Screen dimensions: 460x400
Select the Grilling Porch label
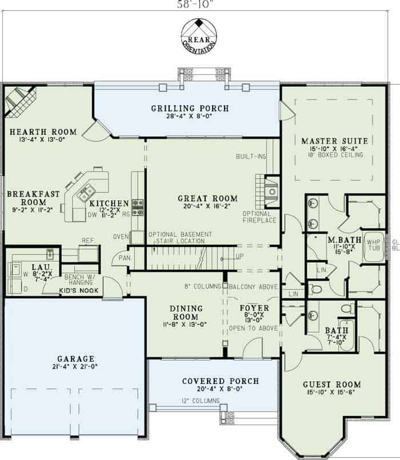[190, 109]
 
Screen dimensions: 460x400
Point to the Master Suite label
[334, 141]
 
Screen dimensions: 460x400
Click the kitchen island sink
[88, 191]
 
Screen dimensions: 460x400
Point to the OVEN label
[121, 237]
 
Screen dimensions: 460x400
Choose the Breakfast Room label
[33, 198]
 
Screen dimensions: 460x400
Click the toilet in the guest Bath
[347, 309]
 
